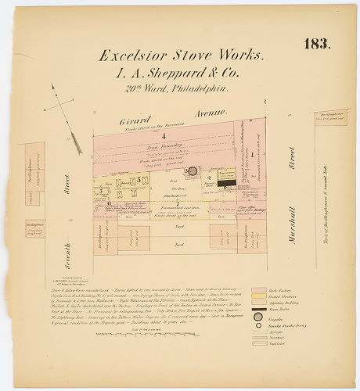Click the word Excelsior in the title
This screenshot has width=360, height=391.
136,56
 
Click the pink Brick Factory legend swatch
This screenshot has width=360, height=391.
257,290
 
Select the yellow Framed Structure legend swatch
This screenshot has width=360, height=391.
257,298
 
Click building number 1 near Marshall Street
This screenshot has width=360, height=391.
252,155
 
